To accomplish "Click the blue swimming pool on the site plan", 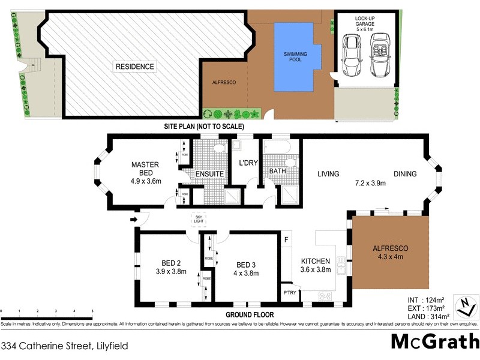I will click(x=294, y=57).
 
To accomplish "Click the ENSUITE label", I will click(x=209, y=174).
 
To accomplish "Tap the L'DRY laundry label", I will click(x=248, y=163).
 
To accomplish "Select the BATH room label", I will click(x=277, y=171).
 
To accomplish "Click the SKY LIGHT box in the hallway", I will click(x=199, y=220).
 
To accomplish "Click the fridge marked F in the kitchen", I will click(x=287, y=240).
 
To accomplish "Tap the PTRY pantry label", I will click(x=289, y=293).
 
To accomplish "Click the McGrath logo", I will click(x=434, y=341).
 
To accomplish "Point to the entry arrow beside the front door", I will click(x=133, y=220).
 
